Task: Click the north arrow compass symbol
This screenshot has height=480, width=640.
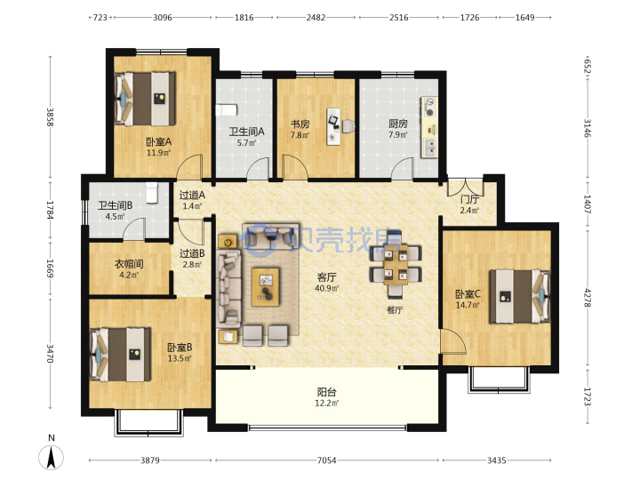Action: (51, 457)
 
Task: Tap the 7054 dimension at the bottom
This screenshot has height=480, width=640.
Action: (326, 460)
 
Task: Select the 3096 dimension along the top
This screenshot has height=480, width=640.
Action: (163, 18)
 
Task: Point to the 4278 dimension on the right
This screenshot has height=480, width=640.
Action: (588, 298)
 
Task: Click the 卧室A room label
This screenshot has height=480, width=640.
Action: (159, 141)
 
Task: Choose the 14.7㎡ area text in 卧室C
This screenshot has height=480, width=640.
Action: (468, 305)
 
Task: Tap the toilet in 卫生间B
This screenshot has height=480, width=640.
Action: (151, 192)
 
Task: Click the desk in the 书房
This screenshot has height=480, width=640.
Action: (334, 126)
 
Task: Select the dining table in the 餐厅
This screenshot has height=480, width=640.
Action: (396, 265)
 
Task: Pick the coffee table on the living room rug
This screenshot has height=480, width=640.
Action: (265, 287)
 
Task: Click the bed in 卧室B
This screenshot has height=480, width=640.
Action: (120, 355)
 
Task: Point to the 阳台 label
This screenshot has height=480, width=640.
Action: (326, 392)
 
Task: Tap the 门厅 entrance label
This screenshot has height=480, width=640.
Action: (469, 200)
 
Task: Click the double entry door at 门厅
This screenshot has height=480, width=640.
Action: (466, 186)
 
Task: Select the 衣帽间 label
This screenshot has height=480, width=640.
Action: (129, 264)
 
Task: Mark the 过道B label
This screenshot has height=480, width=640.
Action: (192, 253)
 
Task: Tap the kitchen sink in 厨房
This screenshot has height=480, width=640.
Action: (430, 148)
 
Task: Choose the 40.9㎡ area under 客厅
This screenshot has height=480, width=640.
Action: (326, 288)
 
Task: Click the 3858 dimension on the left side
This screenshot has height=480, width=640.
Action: (50, 116)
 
